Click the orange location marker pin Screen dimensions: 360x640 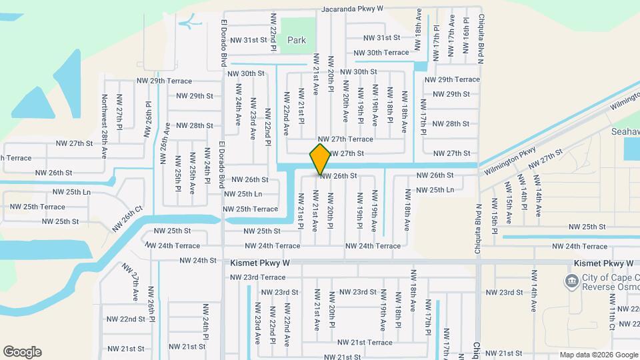point(320,159)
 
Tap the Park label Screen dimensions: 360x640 point(297,41)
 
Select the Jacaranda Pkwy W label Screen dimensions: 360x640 point(353,9)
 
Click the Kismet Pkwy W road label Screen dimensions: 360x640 point(261,263)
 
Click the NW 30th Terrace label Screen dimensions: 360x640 point(381,52)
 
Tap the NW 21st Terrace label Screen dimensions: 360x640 point(365,343)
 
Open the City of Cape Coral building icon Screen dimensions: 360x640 point(571,281)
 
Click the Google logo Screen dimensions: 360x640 point(22,352)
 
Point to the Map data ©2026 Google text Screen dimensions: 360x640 point(597,355)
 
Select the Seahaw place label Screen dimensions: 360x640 point(625,132)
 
